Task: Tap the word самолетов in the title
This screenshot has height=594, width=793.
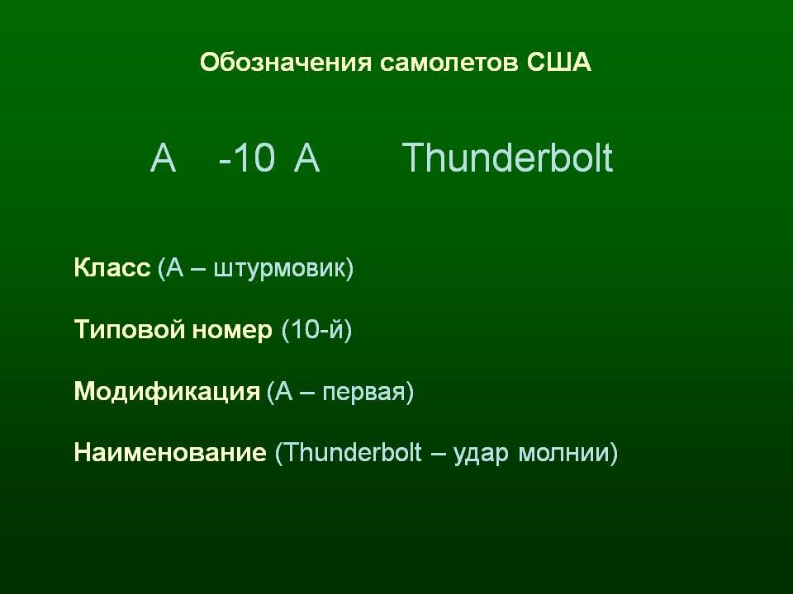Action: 449,64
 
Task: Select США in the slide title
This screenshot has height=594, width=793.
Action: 558,64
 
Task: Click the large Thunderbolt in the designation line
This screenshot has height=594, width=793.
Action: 508,158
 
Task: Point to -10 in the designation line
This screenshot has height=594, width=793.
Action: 246,158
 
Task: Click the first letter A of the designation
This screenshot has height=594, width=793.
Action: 164,158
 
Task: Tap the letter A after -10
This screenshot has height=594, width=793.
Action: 306,158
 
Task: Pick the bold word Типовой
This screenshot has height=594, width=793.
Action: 119,330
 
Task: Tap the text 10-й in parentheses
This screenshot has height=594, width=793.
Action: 316,330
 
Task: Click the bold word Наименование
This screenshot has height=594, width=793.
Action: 170,453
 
